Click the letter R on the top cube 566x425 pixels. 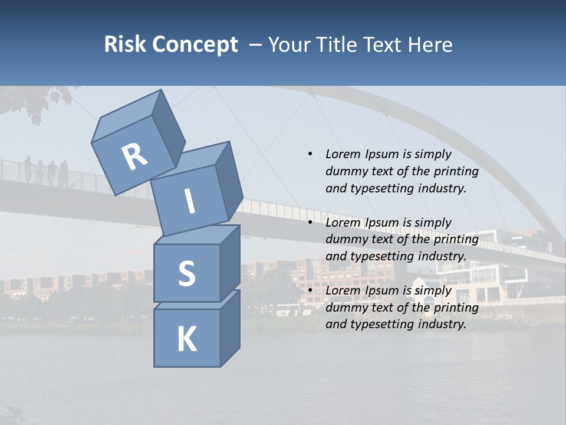(134, 157)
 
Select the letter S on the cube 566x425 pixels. (186, 273)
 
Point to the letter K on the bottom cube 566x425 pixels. (186, 339)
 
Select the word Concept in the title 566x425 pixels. (195, 45)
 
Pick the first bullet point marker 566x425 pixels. (310, 154)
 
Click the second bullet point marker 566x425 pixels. (310, 223)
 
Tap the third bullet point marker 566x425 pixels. (310, 290)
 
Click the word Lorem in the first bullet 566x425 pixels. (343, 154)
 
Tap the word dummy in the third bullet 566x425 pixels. (344, 308)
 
